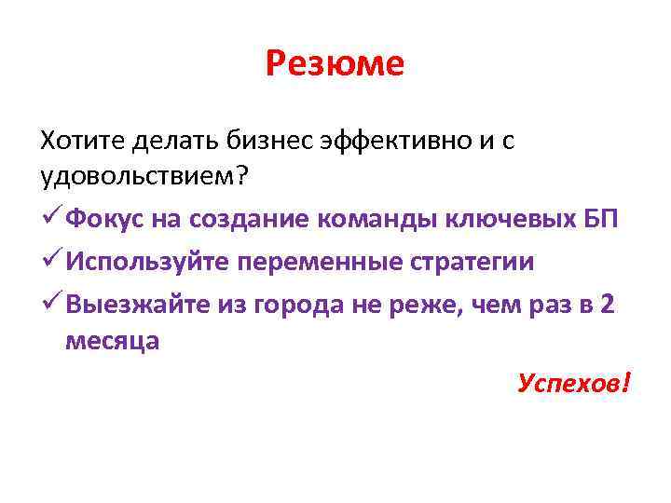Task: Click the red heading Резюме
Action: [335, 64]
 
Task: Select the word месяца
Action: [112, 342]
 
